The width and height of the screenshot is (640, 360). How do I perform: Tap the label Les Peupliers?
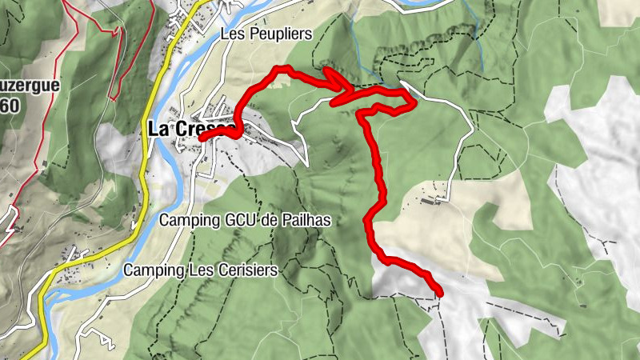coord(265,34)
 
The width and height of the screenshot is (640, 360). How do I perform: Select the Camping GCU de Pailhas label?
coord(245,219)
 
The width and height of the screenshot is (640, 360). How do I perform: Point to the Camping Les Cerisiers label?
coord(200,270)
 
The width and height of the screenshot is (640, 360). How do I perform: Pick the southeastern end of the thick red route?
coord(439,293)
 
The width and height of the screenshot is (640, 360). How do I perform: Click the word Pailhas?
coord(308,219)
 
